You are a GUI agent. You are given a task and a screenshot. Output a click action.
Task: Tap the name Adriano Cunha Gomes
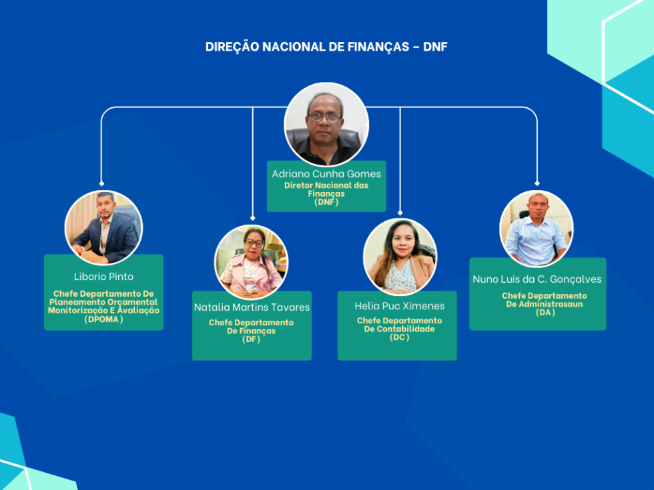326,174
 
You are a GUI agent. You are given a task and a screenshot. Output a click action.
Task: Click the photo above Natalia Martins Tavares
251,262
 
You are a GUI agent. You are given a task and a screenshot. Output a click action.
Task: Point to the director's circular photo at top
326,124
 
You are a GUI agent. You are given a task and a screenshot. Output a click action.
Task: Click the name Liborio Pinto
103,277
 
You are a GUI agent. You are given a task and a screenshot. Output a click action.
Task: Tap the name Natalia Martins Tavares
252,307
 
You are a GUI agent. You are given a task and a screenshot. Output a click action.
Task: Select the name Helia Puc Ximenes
399,306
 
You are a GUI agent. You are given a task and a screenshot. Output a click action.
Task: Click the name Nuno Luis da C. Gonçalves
537,279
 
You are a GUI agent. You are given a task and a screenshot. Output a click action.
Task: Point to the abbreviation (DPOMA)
103,319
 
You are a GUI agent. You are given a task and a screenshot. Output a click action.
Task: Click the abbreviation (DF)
251,339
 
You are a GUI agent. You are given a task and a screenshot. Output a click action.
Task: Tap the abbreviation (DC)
399,337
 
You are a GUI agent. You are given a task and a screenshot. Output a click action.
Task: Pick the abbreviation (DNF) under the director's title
326,202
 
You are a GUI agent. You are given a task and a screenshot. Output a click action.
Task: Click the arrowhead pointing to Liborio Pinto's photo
101,183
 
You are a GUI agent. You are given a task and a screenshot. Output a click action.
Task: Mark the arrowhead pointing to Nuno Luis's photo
537,183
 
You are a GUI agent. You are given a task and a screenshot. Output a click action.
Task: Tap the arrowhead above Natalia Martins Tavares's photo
252,217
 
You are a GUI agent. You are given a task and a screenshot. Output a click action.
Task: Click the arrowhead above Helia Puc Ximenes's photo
400,213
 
